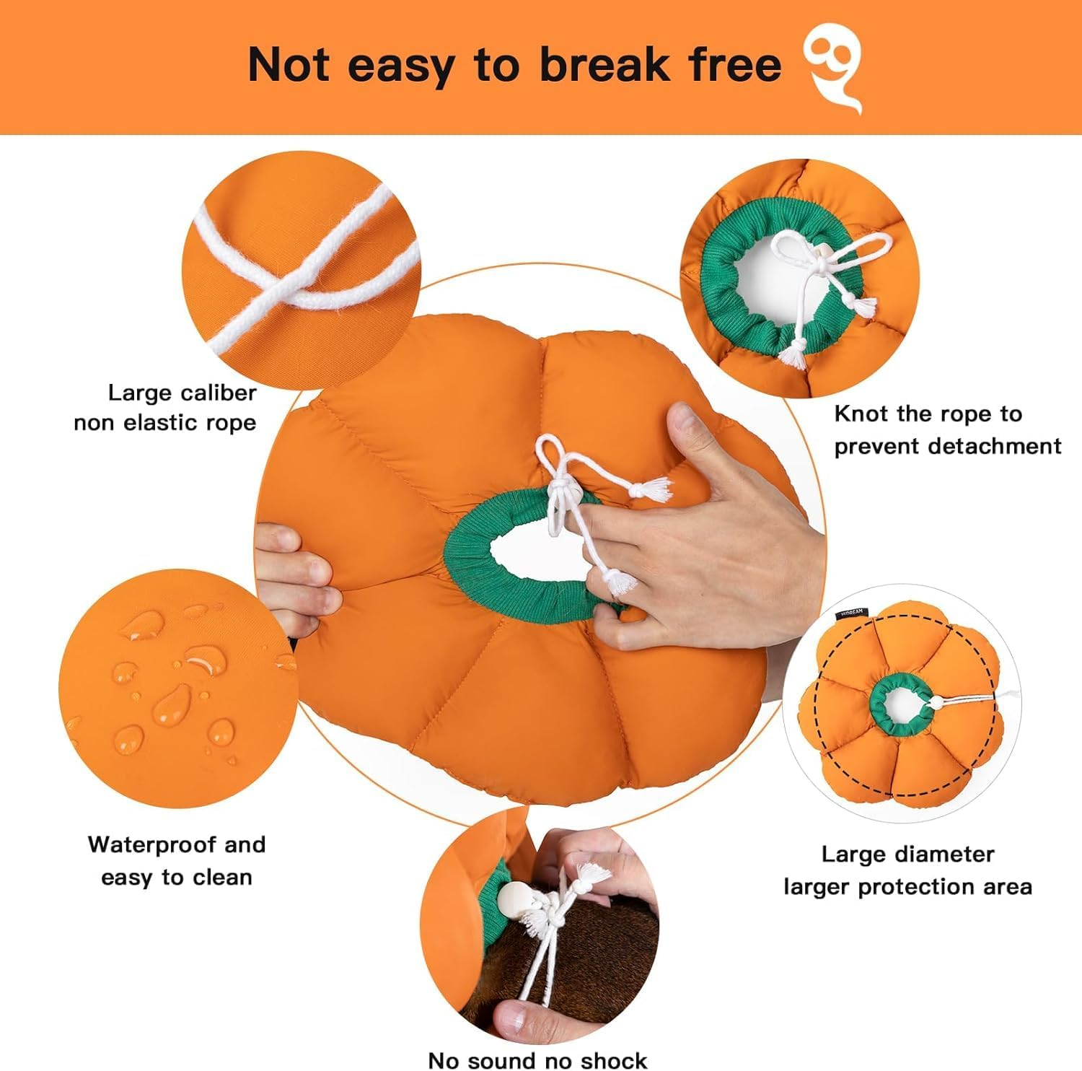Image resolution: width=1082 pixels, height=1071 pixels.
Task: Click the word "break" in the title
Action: point(604,65)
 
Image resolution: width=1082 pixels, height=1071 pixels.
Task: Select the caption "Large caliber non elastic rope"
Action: point(166,408)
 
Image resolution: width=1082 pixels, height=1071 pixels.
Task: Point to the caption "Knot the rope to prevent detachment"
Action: point(947,430)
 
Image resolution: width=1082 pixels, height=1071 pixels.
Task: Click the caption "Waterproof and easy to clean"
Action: point(177,860)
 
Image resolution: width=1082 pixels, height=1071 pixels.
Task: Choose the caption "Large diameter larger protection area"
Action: point(907,870)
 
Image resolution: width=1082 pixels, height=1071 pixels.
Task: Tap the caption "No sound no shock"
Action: point(537,1059)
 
